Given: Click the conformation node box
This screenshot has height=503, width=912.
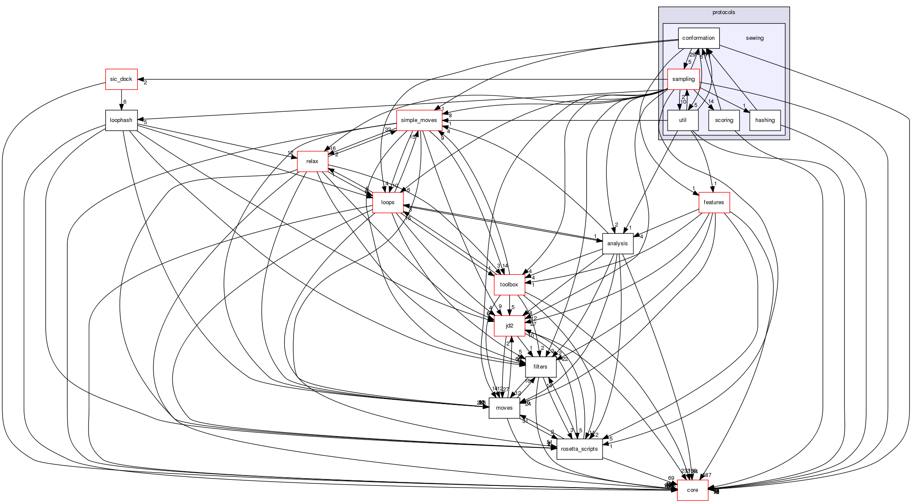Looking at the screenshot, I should coord(698,38).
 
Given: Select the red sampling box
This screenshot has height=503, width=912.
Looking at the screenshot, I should coord(683,79).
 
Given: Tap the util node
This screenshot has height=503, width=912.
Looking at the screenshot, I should coord(683,120).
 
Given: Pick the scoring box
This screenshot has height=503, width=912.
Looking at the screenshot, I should coord(724,120).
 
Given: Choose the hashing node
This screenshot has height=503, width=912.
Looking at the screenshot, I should coord(765,120).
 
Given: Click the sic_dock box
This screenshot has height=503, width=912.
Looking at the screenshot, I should coord(122,79).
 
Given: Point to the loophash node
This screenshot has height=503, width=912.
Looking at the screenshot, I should coord(122,120).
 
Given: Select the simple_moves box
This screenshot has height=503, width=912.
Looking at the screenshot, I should coord(419,120).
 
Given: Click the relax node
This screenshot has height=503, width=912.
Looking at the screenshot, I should coord(312,161).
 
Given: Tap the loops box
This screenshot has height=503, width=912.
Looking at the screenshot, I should coord(388,202).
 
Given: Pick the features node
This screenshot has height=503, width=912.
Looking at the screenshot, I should coord(714,202).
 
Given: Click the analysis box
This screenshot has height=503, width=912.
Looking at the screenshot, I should coord(618,244).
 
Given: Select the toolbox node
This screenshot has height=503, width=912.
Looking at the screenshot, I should coord(509,285).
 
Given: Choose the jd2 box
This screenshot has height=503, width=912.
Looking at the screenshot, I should coord(509,326).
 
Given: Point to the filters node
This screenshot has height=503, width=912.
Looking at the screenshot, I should coord(540,367).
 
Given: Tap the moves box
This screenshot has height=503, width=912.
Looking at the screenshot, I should coord(504,408).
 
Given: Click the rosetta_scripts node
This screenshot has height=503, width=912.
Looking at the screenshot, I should coord(579,449).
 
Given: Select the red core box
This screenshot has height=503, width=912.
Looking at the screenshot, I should coord(692,490).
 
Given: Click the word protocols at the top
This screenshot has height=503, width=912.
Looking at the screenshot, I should coord(724,12).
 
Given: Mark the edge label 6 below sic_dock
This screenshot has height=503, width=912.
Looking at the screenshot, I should coord(125,102).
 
